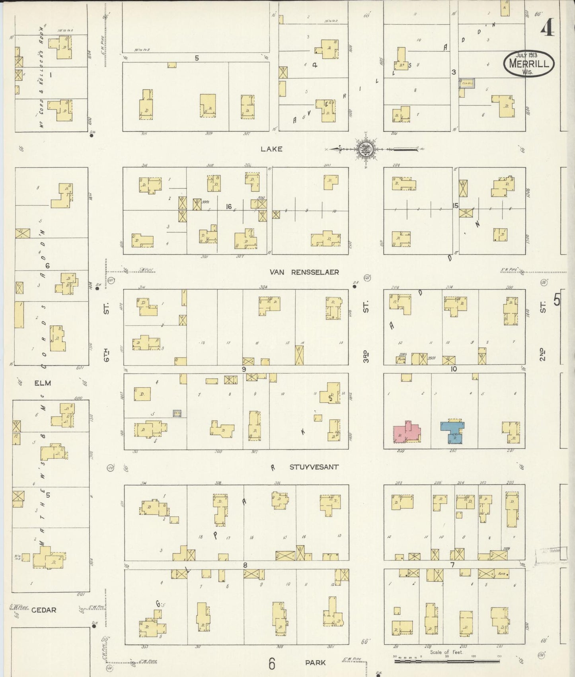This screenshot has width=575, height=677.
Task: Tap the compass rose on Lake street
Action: [x=364, y=150]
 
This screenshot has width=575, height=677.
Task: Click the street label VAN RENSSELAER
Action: [x=304, y=272]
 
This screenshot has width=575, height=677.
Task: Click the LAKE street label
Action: [x=271, y=149]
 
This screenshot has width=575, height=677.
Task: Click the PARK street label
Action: [x=315, y=662]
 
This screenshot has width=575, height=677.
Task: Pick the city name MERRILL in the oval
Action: [x=529, y=64]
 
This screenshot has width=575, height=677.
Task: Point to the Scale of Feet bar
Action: [x=448, y=661]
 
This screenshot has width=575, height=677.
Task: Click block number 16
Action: [x=228, y=206]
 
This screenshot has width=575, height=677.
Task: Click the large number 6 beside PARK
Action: [x=272, y=663]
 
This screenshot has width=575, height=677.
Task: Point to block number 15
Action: [x=455, y=206]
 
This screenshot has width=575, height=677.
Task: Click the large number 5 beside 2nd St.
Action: [x=556, y=300]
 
